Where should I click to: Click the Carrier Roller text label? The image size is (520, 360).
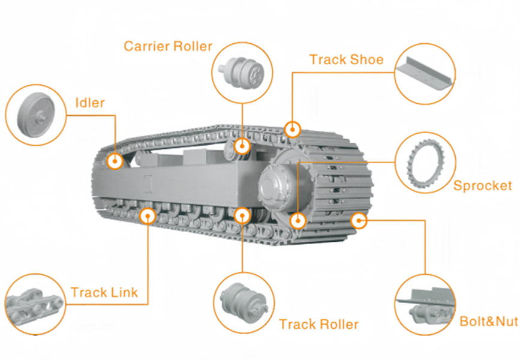168,46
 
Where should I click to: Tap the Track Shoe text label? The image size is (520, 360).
346,59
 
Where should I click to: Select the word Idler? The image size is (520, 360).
90,103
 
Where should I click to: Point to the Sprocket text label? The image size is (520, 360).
483,185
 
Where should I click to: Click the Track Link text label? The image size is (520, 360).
104,293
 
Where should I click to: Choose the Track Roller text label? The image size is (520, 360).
318,325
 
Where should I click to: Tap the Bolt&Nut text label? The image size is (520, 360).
488,321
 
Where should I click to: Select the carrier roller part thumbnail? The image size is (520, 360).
242,71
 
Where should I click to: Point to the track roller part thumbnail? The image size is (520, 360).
244,302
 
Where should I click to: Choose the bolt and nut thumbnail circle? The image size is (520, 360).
425,305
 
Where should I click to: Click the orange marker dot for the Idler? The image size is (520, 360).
115,161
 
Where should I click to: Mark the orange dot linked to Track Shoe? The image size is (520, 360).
292,129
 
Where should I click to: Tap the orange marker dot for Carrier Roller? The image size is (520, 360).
242,146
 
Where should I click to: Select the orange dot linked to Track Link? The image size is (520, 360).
147,215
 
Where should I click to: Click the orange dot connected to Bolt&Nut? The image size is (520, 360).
359,221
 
